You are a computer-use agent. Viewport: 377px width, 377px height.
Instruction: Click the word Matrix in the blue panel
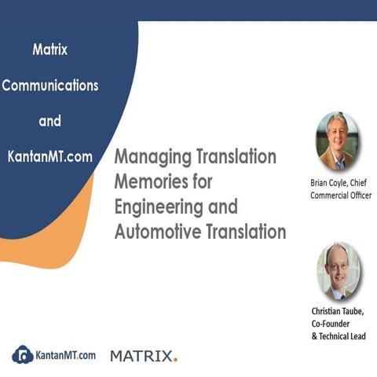pos(50,49)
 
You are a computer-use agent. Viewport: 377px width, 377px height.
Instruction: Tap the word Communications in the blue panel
pos(50,86)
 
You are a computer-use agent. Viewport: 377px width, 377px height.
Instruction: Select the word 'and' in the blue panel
pos(50,122)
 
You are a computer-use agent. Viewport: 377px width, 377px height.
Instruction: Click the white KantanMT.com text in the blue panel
pos(50,156)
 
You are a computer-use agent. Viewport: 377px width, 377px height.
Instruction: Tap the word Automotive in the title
pos(153,232)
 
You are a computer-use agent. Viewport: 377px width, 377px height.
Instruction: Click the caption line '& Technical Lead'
pos(339,336)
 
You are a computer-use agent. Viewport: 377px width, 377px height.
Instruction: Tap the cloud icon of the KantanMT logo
pos(24,355)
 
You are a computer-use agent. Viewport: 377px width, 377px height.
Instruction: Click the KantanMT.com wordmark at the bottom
pos(66,355)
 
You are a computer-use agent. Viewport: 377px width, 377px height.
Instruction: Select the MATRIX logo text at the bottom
pos(141,356)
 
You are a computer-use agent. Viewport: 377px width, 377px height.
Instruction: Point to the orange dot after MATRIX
pos(176,360)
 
